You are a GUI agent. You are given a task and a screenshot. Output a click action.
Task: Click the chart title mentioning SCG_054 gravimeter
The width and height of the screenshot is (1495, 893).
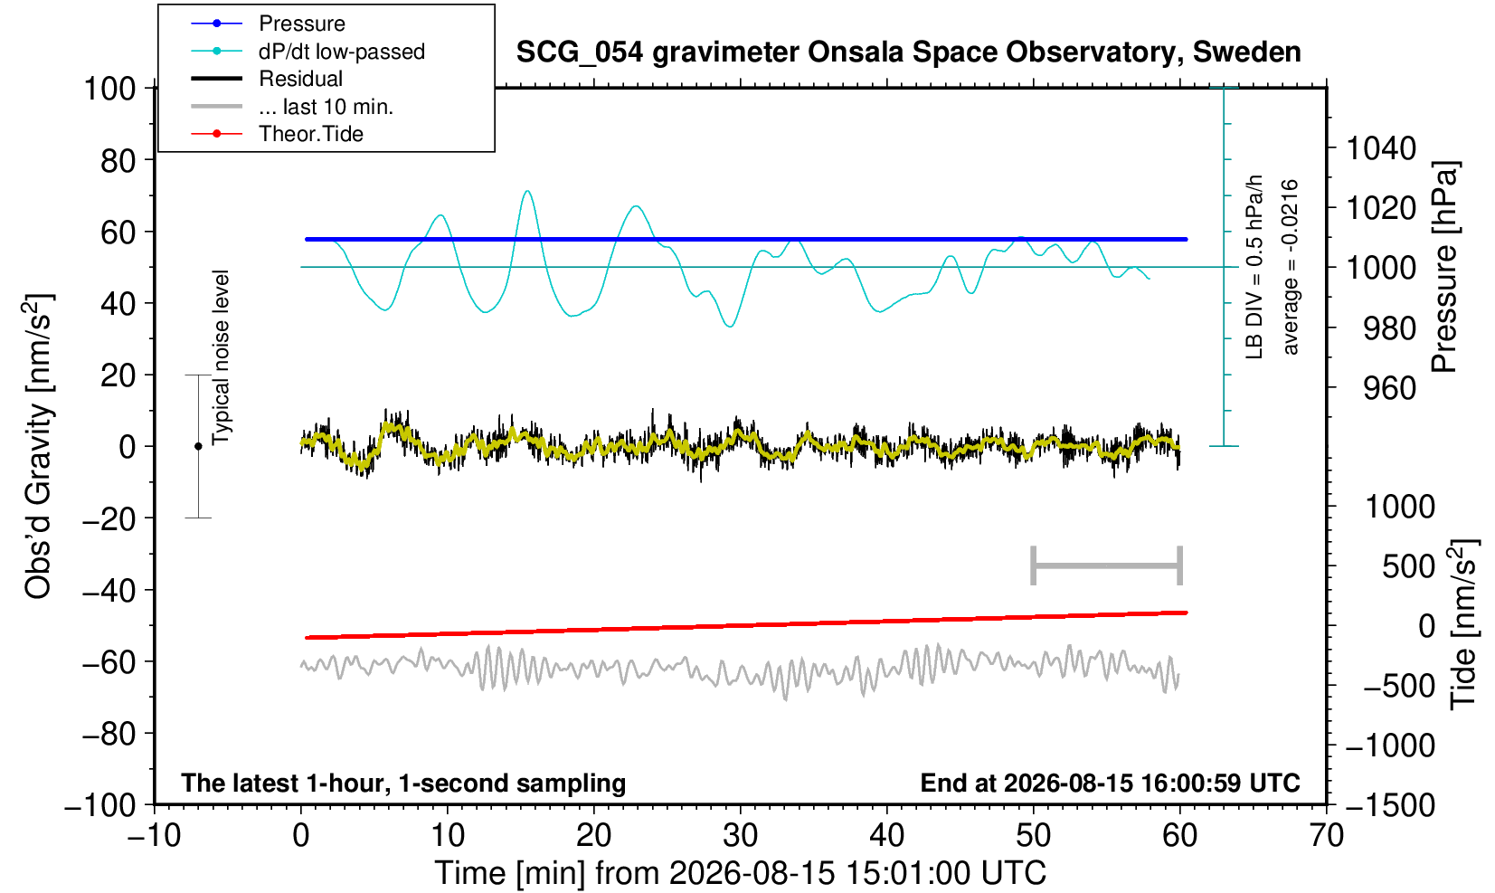pyautogui.click(x=908, y=52)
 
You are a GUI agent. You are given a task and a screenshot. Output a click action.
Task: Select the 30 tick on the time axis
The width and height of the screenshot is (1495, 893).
pyautogui.click(x=740, y=836)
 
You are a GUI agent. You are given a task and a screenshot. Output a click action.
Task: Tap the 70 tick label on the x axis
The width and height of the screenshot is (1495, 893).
pyautogui.click(x=1326, y=836)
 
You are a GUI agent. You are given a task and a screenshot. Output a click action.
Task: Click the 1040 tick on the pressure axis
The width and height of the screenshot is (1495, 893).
pyautogui.click(x=1381, y=148)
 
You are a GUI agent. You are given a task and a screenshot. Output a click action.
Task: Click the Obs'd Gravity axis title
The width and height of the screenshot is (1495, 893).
pyautogui.click(x=38, y=446)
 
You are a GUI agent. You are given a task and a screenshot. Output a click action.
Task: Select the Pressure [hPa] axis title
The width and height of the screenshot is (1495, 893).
pyautogui.click(x=1445, y=267)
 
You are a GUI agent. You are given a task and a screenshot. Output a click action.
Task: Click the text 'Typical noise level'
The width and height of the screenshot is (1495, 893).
pyautogui.click(x=221, y=358)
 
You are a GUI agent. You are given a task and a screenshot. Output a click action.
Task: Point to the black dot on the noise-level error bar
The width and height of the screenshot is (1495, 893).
pyautogui.click(x=198, y=446)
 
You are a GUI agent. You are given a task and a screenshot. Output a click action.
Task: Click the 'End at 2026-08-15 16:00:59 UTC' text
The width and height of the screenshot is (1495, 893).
pyautogui.click(x=1110, y=783)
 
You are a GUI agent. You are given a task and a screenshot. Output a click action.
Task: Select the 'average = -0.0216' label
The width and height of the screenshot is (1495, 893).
pyautogui.click(x=1290, y=267)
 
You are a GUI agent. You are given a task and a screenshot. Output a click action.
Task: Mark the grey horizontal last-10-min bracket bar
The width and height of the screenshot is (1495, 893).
pyautogui.click(x=1107, y=565)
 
